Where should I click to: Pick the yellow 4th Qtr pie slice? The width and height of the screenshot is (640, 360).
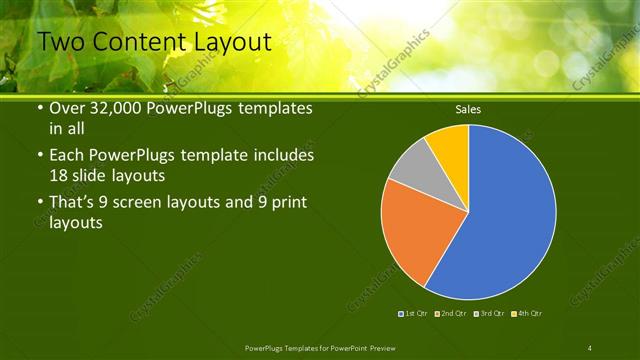click(451, 145)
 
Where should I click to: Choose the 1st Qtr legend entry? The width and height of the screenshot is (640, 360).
click(414, 314)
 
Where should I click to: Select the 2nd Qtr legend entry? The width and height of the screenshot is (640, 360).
click(451, 314)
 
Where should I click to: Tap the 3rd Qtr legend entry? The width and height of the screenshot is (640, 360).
click(488, 314)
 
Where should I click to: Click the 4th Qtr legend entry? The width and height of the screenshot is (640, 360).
click(525, 314)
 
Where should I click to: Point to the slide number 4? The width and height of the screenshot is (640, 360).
click(590, 348)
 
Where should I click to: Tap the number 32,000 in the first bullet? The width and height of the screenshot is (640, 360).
click(114, 108)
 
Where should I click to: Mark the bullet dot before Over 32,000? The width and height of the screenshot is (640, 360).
click(39, 108)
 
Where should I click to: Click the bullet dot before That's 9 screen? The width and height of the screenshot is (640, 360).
click(39, 204)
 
